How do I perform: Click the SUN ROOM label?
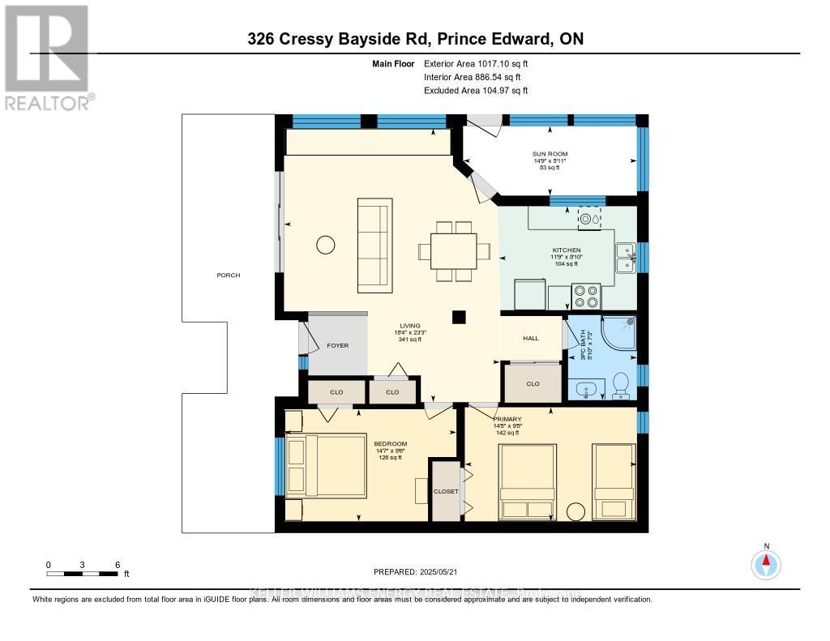click(550, 153)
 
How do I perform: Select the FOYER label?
click(337, 345)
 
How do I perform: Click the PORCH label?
click(228, 276)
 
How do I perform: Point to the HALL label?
click(530, 339)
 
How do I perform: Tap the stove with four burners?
click(586, 297)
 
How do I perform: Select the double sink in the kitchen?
click(625, 259)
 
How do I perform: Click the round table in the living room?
click(326, 244)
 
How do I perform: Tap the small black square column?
click(460, 318)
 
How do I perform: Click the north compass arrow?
click(766, 562)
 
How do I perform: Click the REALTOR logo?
click(48, 57)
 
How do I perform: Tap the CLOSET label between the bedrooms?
click(445, 491)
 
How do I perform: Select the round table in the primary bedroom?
click(576, 512)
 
